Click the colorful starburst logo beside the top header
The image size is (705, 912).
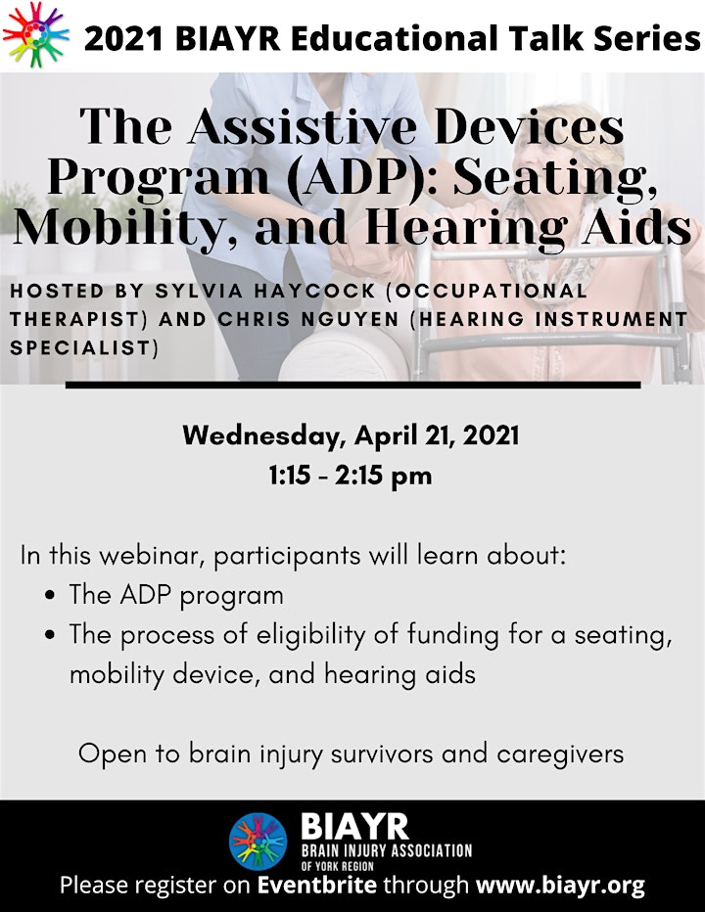tap(35, 34)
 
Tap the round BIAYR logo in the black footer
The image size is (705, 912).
tap(258, 841)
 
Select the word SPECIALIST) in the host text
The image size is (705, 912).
tap(84, 347)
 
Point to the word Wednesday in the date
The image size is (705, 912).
tap(260, 436)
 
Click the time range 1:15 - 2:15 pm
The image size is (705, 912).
tap(352, 476)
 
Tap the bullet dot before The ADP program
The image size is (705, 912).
tap(50, 596)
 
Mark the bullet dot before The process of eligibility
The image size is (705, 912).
tap(50, 635)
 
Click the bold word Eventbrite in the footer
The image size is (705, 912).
tap(316, 887)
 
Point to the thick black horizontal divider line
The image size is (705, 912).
tap(352, 385)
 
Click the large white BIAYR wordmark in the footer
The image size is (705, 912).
tap(353, 826)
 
